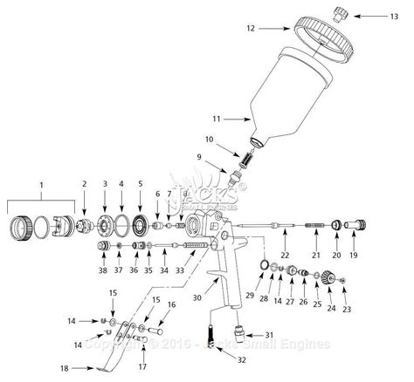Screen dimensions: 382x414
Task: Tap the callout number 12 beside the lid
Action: point(250,29)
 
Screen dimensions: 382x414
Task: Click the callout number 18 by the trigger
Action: point(64,369)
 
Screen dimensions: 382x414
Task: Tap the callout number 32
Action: point(218,359)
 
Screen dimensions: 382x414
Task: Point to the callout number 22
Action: point(285,255)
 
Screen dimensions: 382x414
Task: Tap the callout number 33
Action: point(180,270)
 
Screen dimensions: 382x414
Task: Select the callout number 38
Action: point(103,270)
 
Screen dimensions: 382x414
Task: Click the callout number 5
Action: point(140,184)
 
